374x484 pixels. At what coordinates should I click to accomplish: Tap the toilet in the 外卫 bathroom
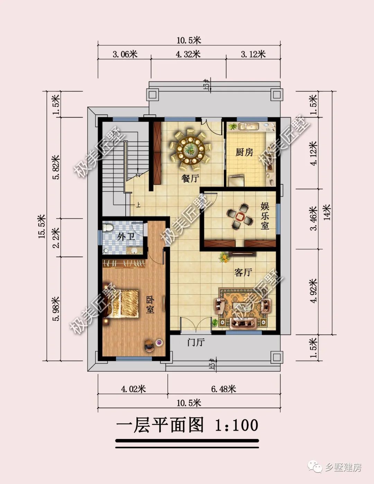pyautogui.click(x=108, y=228)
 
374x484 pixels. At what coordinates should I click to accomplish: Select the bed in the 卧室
pyautogui.click(x=122, y=303)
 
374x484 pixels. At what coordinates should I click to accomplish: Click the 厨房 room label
pyautogui.click(x=244, y=152)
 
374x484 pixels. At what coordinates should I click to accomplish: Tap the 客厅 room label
pyautogui.click(x=243, y=273)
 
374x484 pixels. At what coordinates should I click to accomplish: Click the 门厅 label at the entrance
pyautogui.click(x=196, y=343)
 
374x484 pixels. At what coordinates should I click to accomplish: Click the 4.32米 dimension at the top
pyautogui.click(x=188, y=54)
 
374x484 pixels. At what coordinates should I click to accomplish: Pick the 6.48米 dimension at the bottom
pyautogui.click(x=223, y=389)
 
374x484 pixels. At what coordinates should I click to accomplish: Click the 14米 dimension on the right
pyautogui.click(x=327, y=212)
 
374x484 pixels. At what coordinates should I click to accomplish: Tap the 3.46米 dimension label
pyautogui.click(x=314, y=218)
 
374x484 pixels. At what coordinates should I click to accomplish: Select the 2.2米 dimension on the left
pyautogui.click(x=56, y=237)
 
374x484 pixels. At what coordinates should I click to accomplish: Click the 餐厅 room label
pyautogui.click(x=190, y=179)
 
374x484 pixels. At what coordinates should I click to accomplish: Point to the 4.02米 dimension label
pyautogui.click(x=133, y=389)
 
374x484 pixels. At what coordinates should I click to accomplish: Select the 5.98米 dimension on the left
pyautogui.click(x=56, y=309)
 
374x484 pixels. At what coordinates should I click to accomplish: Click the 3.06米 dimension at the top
pyautogui.click(x=125, y=54)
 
